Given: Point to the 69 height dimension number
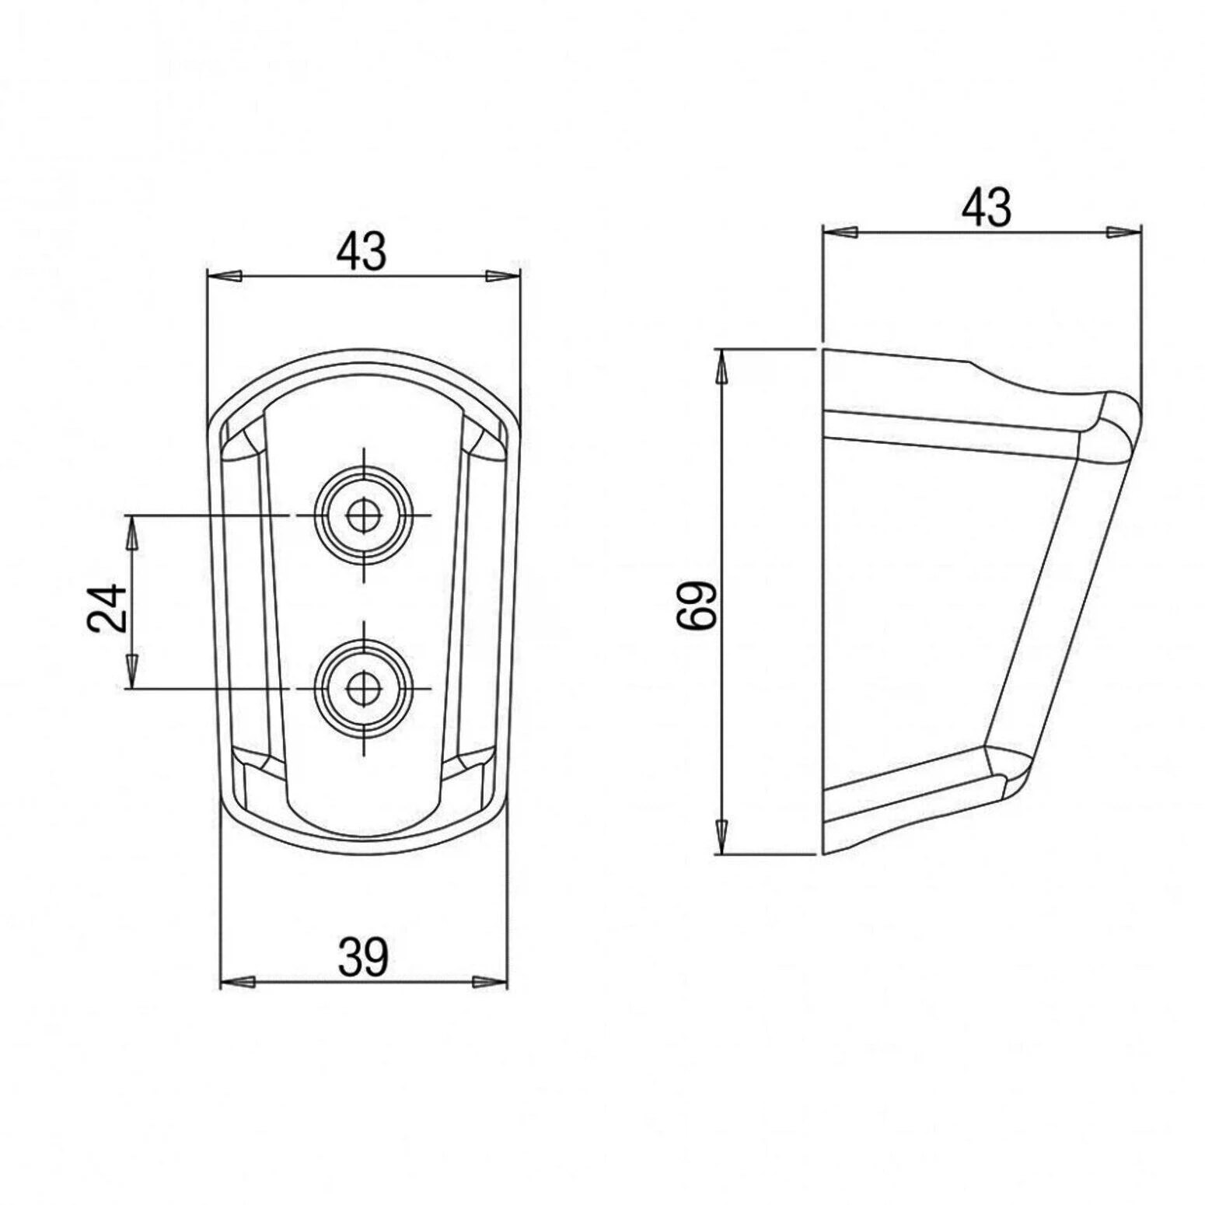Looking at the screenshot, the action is click(x=695, y=605).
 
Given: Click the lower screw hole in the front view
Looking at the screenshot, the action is click(x=362, y=688).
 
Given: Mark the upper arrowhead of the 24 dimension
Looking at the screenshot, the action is click(x=132, y=533).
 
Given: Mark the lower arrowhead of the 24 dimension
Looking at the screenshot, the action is click(x=132, y=672).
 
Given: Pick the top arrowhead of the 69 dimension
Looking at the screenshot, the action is click(x=722, y=367).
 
